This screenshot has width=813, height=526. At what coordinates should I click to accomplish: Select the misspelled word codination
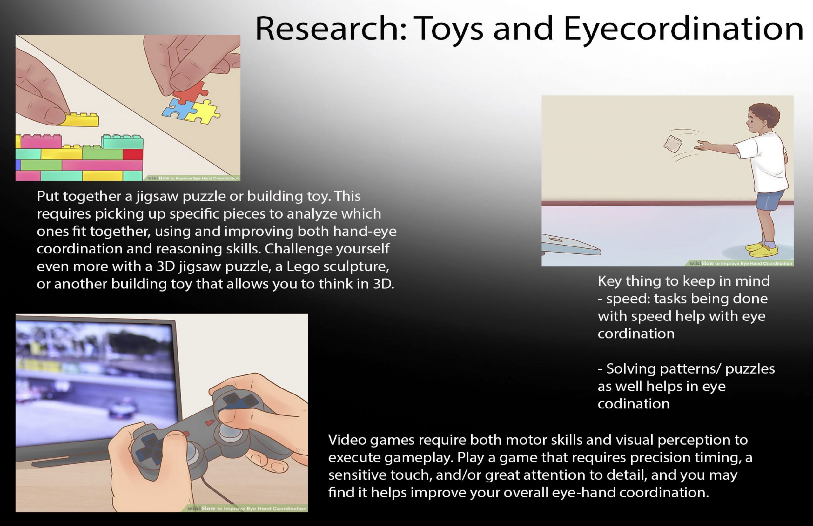pos(633,404)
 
